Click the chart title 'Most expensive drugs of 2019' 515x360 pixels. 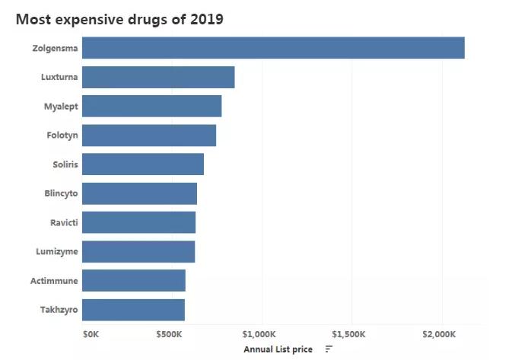(x=119, y=19)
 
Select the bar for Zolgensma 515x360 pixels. (x=272, y=48)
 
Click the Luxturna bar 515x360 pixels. (x=157, y=77)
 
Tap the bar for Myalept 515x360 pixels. (x=151, y=106)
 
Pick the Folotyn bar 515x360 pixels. (x=148, y=135)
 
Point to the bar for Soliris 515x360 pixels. (x=142, y=164)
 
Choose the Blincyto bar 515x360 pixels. (x=139, y=193)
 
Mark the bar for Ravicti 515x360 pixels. (x=138, y=222)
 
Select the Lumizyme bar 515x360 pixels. (x=138, y=251)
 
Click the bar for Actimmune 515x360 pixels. (x=133, y=281)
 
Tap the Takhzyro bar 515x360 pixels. (x=133, y=310)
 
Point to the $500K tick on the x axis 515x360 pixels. (x=172, y=334)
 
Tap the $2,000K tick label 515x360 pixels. (x=440, y=334)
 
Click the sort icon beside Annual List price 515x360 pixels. (x=329, y=349)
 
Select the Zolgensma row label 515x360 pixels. (x=55, y=48)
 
